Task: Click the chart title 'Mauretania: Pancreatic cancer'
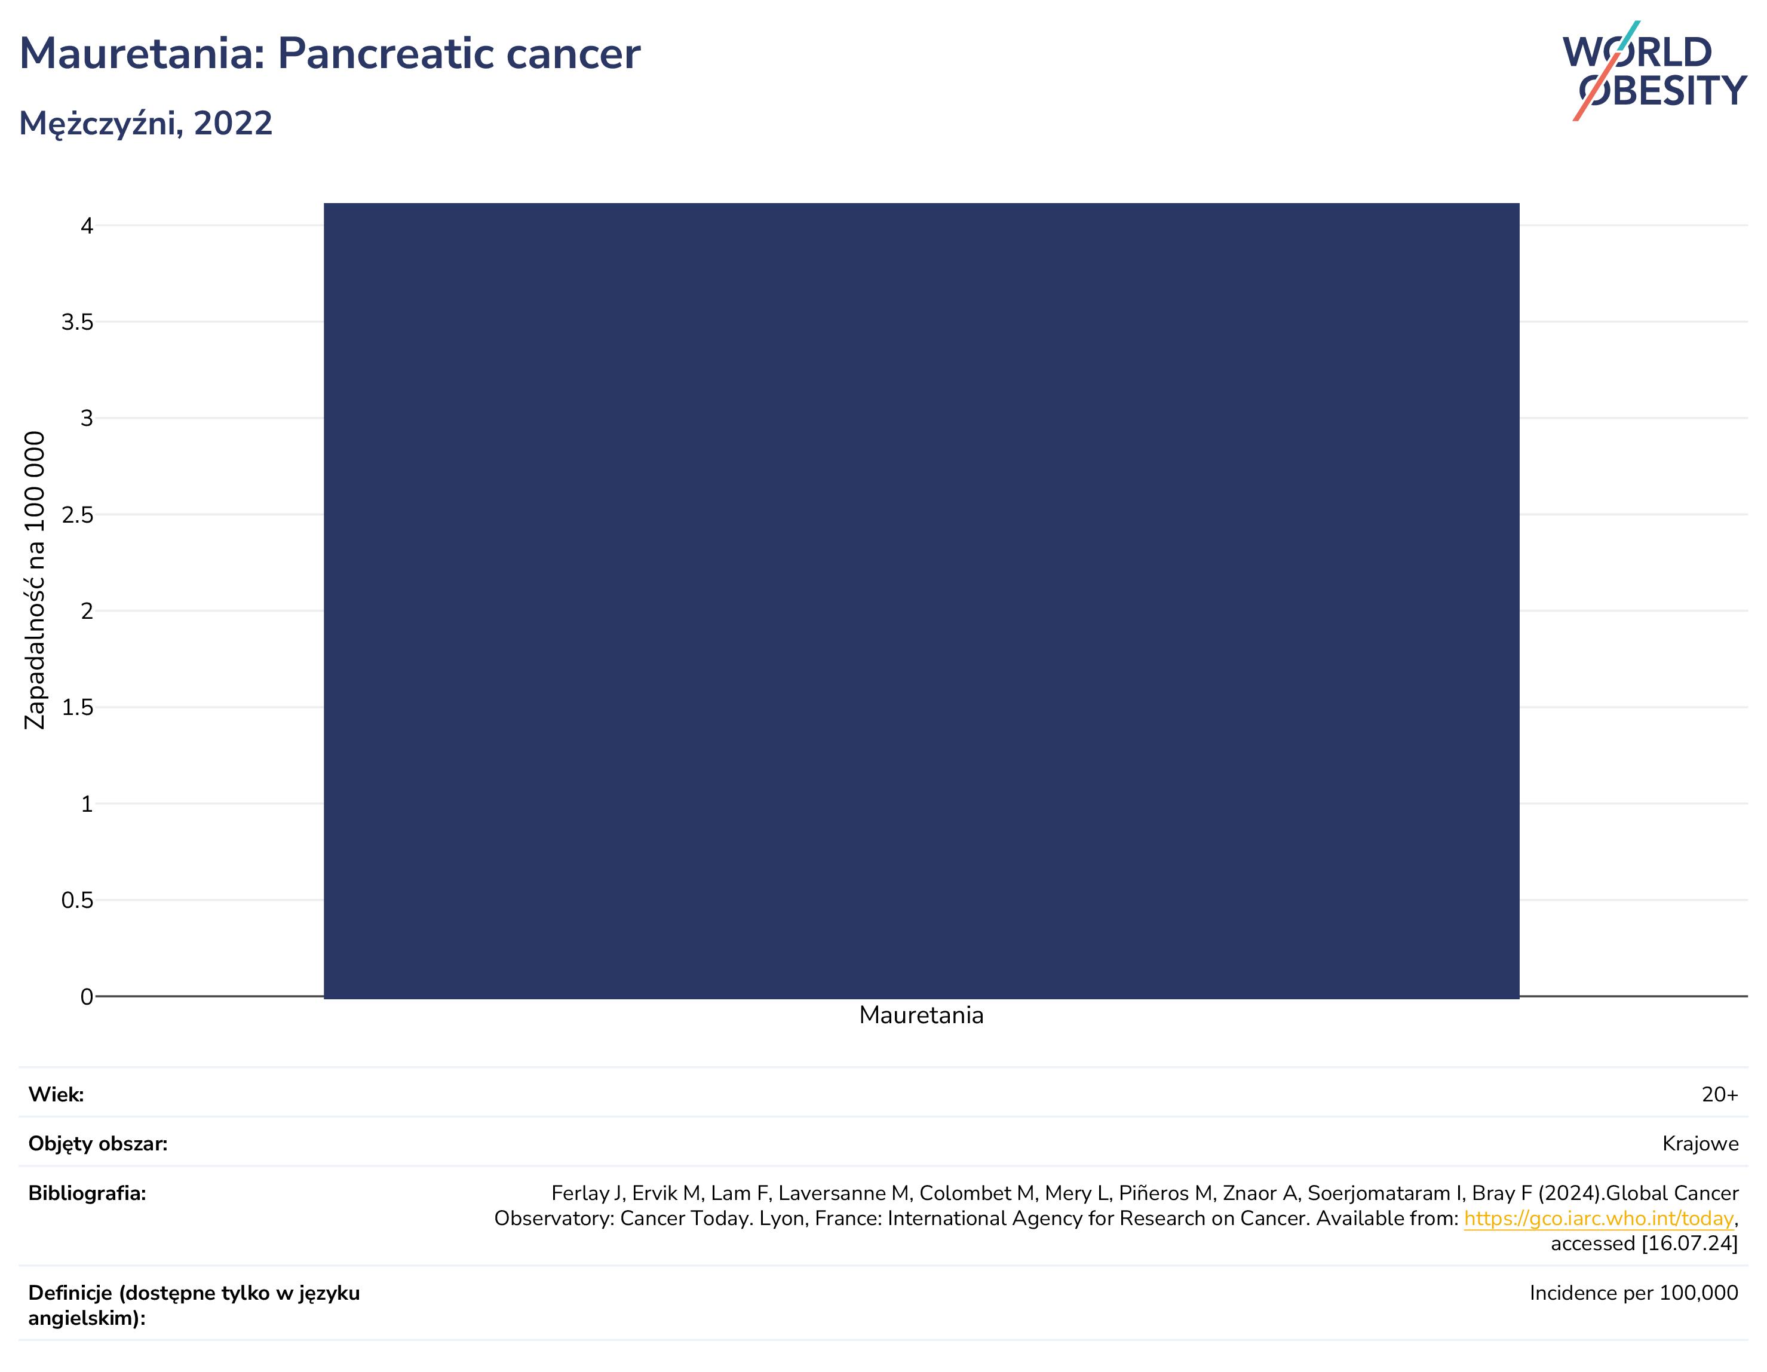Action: click(329, 54)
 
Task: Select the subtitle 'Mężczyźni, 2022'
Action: click(146, 124)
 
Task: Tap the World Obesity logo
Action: click(1655, 71)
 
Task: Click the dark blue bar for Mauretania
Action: click(922, 600)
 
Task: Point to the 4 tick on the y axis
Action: click(87, 226)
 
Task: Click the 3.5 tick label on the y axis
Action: click(78, 322)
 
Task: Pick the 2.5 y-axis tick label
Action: click(78, 514)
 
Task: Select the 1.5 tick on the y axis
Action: click(78, 708)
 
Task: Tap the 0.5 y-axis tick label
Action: click(78, 900)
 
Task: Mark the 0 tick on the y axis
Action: click(87, 997)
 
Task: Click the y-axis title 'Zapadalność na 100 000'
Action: click(35, 580)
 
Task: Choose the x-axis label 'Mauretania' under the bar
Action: click(922, 1015)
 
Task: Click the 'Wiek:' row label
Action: click(56, 1094)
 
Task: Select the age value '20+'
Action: click(1720, 1094)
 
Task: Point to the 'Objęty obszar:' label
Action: click(98, 1144)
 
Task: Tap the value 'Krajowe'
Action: click(1701, 1144)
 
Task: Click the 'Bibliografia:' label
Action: click(87, 1193)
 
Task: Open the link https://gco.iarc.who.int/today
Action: click(1599, 1218)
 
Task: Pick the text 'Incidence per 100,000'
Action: click(1634, 1293)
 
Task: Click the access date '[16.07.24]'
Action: click(1689, 1244)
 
